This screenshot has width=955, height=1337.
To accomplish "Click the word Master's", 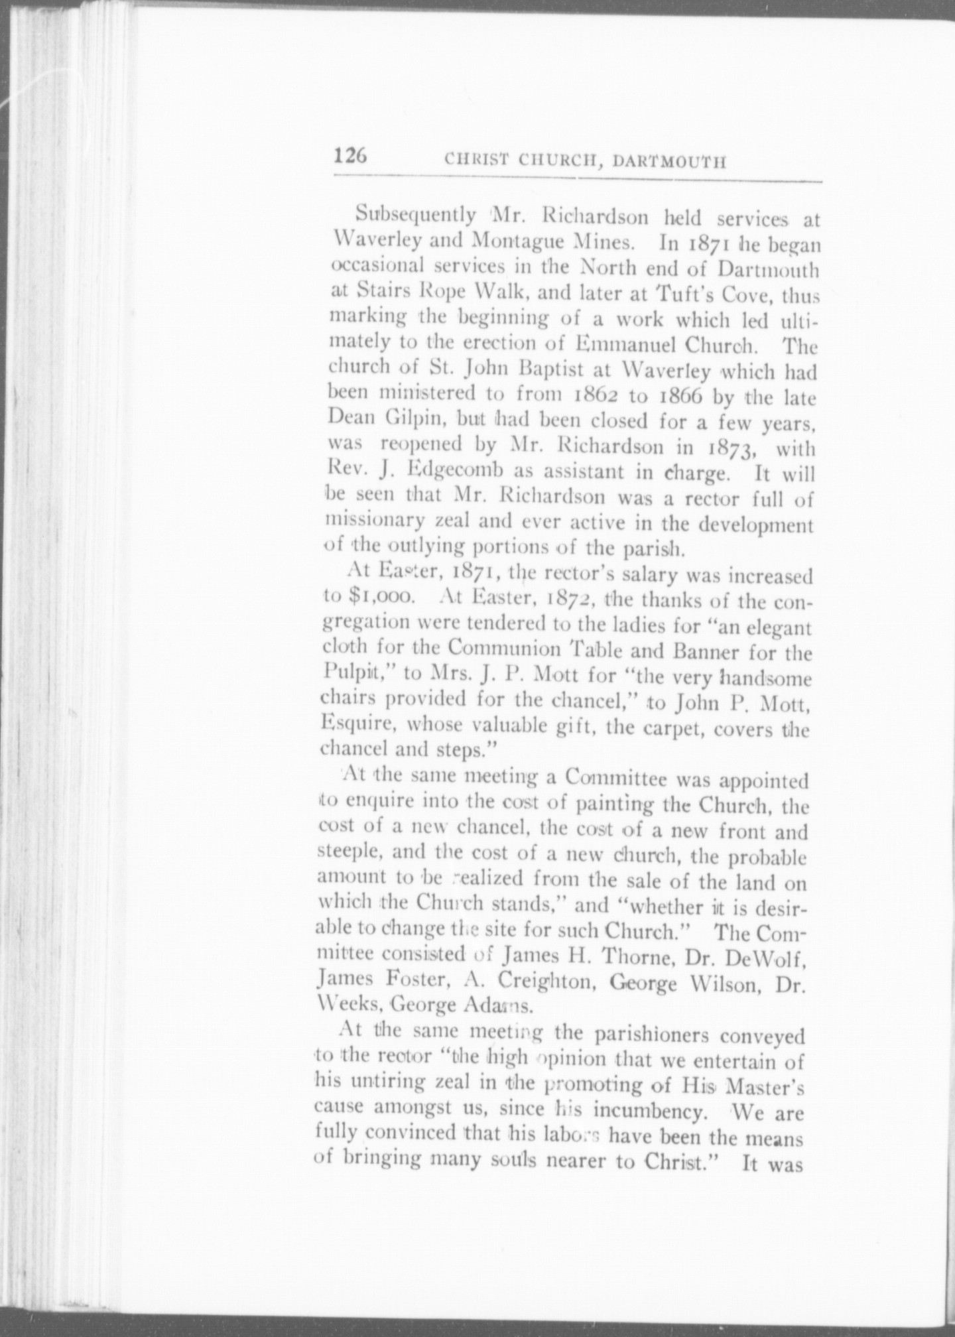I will point(765,1084).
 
